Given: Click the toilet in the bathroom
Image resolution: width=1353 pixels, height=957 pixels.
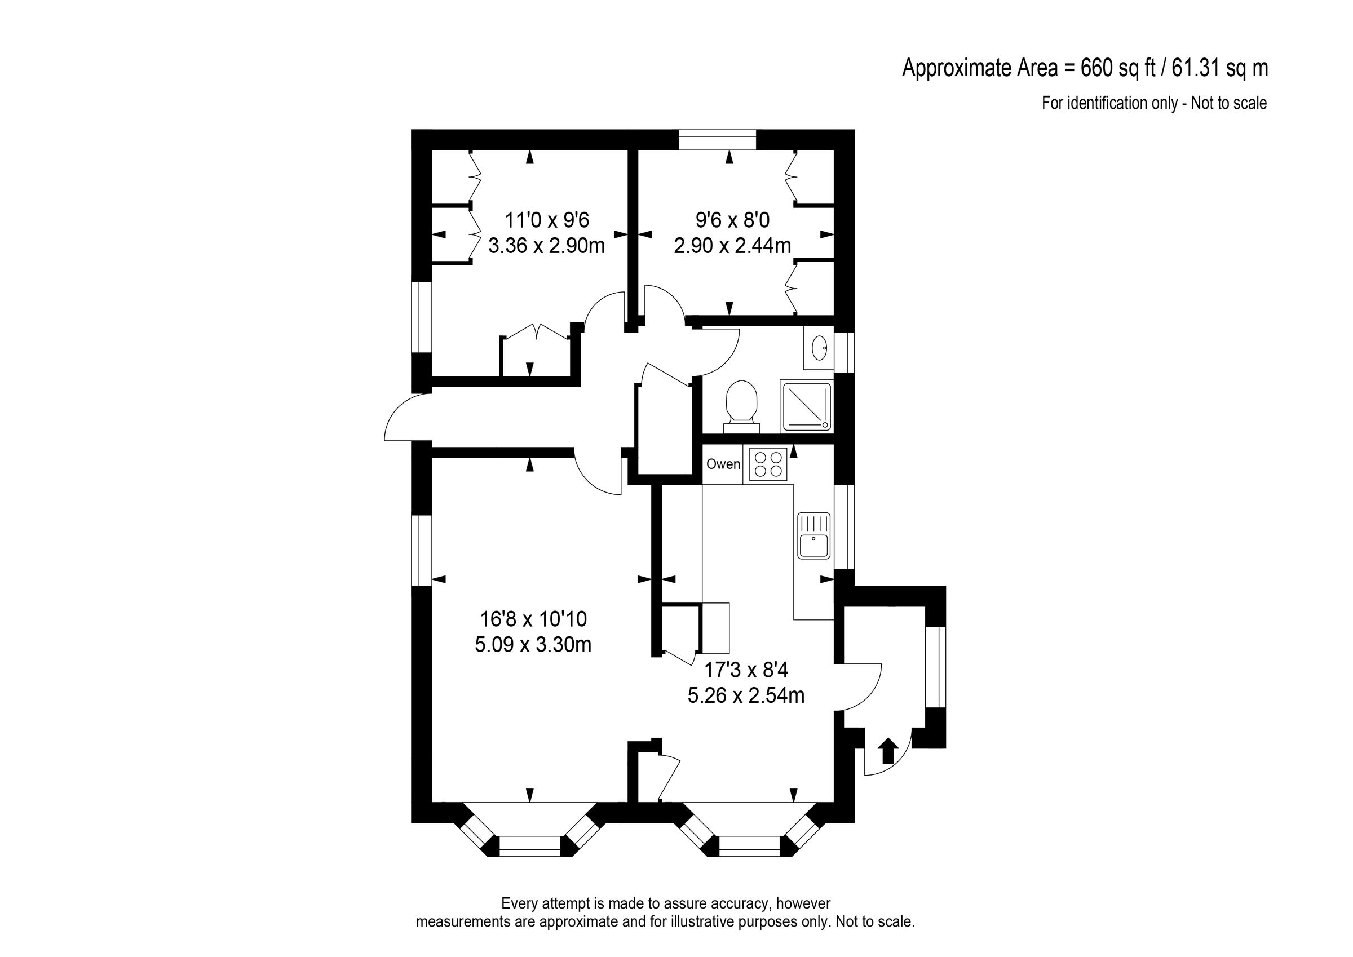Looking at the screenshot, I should [x=741, y=404].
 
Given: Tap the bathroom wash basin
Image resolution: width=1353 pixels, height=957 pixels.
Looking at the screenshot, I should [x=819, y=348].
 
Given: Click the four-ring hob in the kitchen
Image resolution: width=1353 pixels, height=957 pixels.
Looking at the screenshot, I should [x=768, y=464].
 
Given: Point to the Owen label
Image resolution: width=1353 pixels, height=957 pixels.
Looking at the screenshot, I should [x=723, y=464].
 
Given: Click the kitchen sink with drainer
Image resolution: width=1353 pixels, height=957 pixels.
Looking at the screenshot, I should [x=814, y=535].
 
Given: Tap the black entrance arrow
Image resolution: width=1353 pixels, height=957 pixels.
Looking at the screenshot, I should [x=888, y=752].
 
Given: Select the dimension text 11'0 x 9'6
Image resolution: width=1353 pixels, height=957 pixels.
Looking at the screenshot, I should [x=547, y=220].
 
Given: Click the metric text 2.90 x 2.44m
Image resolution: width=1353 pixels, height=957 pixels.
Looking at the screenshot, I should [x=732, y=246].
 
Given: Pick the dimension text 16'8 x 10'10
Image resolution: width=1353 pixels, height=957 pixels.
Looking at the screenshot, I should [x=533, y=619].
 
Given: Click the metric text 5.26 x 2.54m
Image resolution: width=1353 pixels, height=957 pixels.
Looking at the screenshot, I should [x=746, y=696].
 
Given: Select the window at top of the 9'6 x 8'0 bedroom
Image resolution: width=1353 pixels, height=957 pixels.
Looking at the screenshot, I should [x=717, y=140].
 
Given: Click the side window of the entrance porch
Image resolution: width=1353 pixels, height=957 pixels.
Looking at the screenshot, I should [x=935, y=667].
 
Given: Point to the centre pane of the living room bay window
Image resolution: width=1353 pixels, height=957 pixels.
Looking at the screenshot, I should [x=529, y=845].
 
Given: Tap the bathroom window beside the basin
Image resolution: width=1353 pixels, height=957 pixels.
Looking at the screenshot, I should [x=844, y=352].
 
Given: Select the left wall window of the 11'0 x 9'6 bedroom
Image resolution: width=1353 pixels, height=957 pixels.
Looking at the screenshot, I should [x=421, y=317].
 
